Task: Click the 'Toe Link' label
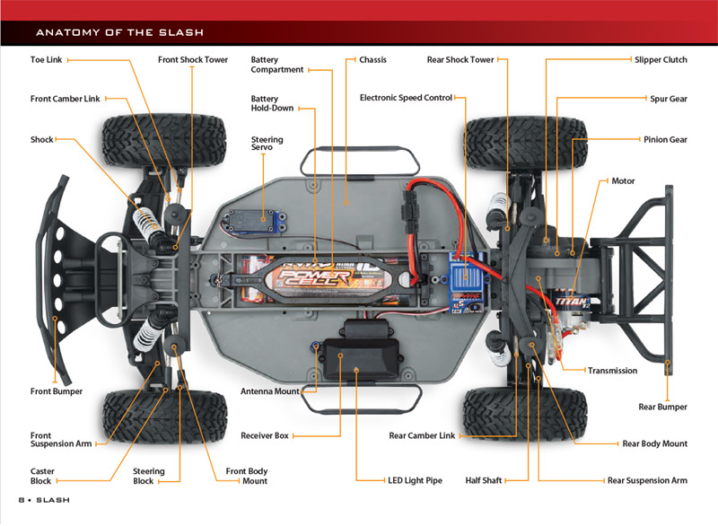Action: tap(47, 60)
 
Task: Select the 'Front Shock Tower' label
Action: tap(193, 60)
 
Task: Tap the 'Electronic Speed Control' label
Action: tap(406, 98)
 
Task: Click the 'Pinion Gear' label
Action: tap(665, 140)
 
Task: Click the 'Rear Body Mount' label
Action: tap(654, 443)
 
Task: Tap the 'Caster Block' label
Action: tap(42, 476)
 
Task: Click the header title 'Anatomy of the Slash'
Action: tap(119, 33)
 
